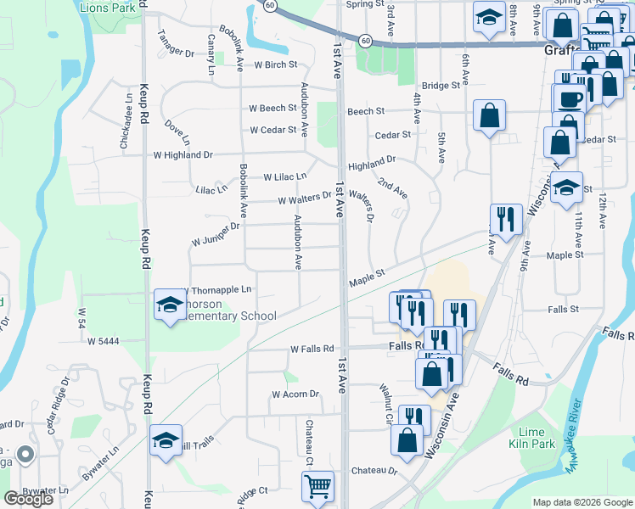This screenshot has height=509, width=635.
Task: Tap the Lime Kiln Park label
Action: coord(531,438)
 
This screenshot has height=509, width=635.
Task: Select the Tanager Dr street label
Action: coord(177,52)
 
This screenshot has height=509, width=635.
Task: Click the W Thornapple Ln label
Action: coord(217,290)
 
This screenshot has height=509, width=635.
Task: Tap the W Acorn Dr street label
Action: coord(295,394)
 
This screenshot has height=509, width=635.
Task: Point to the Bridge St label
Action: coord(441,85)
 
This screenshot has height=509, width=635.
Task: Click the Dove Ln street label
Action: coord(177,131)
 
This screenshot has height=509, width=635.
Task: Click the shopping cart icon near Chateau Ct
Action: coord(317,487)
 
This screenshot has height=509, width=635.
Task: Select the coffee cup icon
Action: coord(570,97)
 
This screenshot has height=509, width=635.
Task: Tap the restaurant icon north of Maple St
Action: coord(506,219)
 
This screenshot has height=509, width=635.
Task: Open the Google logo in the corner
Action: coord(28,499)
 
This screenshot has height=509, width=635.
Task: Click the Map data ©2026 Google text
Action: coord(582,502)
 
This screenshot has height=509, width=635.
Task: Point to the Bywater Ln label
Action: coord(45,490)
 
